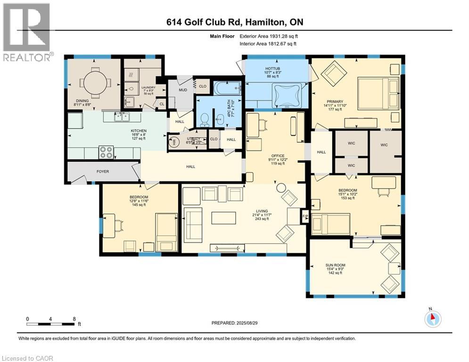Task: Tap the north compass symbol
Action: [432, 319]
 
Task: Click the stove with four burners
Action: [106, 152]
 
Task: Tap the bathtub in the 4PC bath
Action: [227, 88]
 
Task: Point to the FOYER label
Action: [103, 172]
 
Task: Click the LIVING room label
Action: [262, 211]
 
